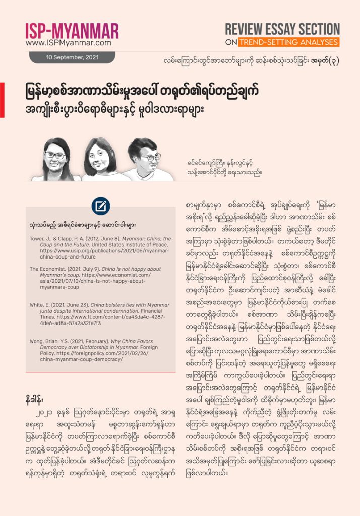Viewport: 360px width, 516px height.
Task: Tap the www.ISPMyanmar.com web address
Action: point(68,43)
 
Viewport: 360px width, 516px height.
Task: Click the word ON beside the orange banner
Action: point(231,42)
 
